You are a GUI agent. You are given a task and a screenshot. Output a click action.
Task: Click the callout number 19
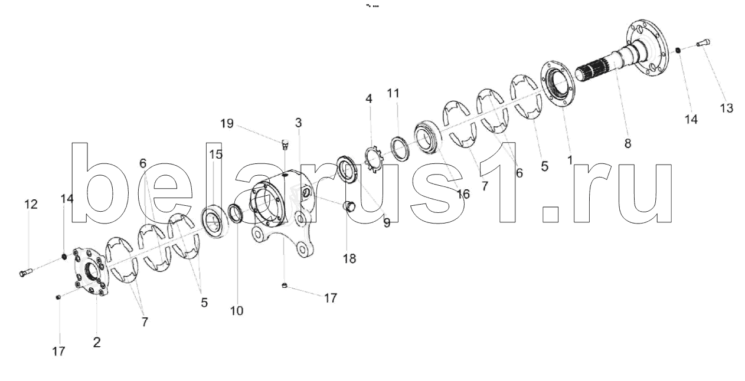[x=227, y=124]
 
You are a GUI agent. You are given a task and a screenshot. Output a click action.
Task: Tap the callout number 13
[x=726, y=108]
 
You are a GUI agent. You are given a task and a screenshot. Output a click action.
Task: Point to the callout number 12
[x=31, y=204]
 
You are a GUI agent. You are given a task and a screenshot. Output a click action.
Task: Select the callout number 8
[x=628, y=143]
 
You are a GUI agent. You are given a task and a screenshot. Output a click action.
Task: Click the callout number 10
[x=236, y=310]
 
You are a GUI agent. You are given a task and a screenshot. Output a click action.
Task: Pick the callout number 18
[x=349, y=258]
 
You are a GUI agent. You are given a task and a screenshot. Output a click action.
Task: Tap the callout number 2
[x=97, y=342]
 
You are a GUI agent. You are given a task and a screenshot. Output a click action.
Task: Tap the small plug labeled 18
[x=349, y=206]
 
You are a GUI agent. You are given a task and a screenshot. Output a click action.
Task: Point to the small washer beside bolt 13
[x=679, y=51]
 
